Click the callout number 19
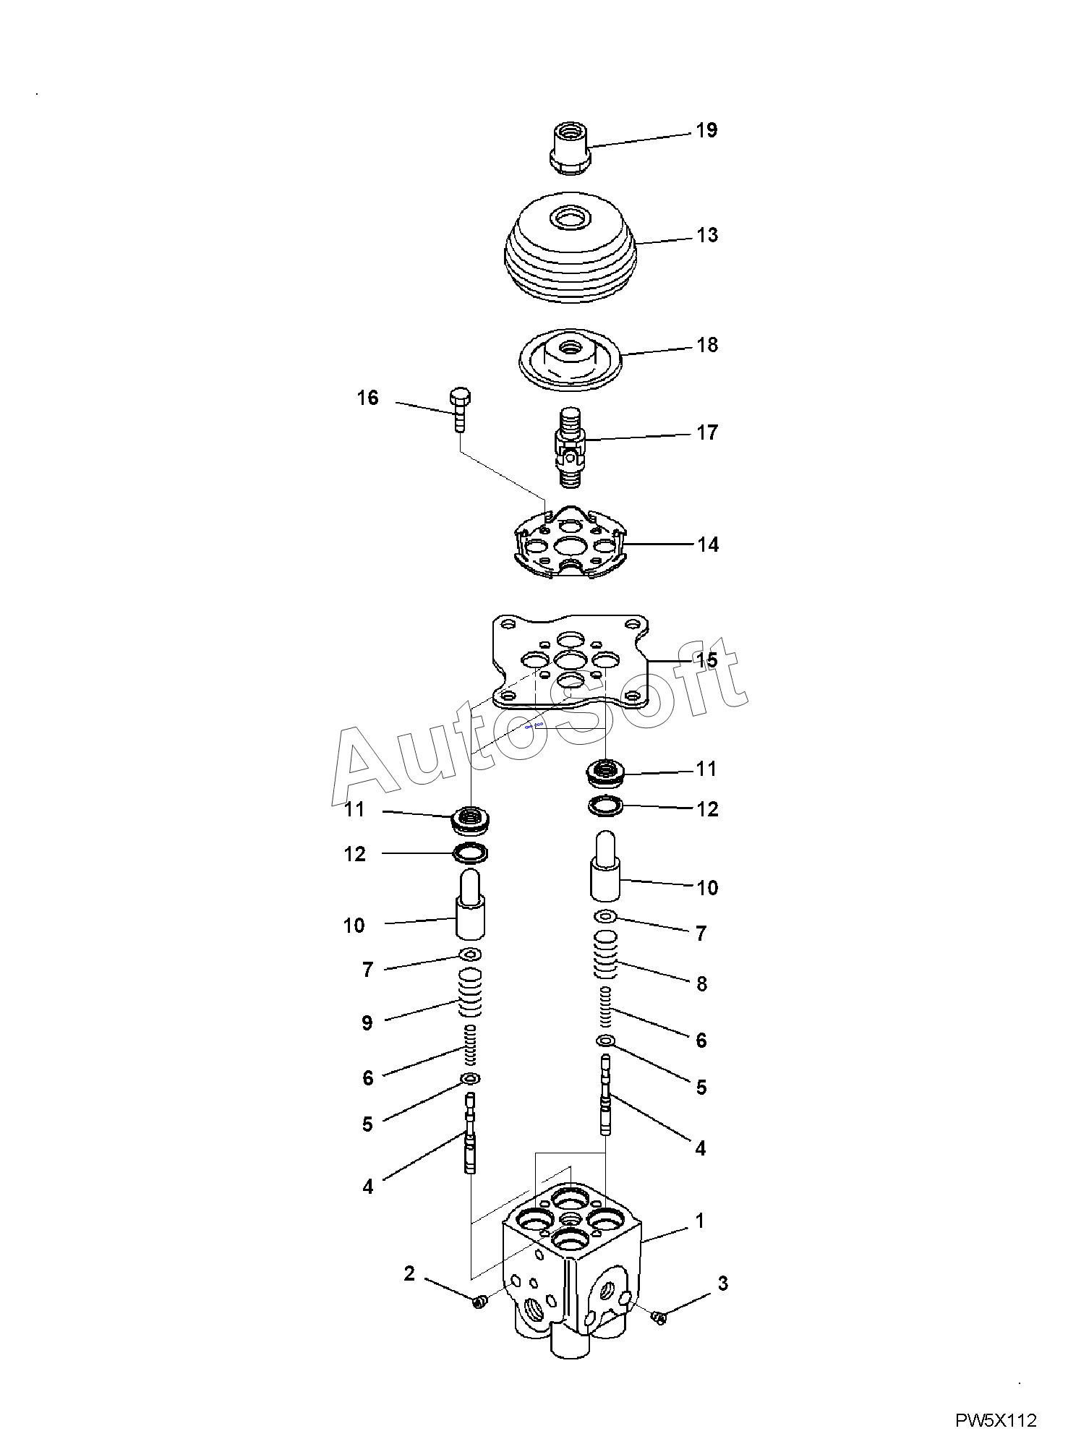tap(706, 130)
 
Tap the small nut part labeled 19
tap(571, 148)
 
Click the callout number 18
tap(707, 345)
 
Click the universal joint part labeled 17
tap(571, 446)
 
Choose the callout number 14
tap(708, 544)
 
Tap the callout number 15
tap(707, 660)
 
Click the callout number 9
tap(367, 1022)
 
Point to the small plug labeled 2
tap(478, 1302)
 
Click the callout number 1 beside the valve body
tap(699, 1221)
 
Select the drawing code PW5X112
tap(996, 1421)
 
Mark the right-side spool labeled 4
tap(605, 1093)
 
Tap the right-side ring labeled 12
tap(606, 806)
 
